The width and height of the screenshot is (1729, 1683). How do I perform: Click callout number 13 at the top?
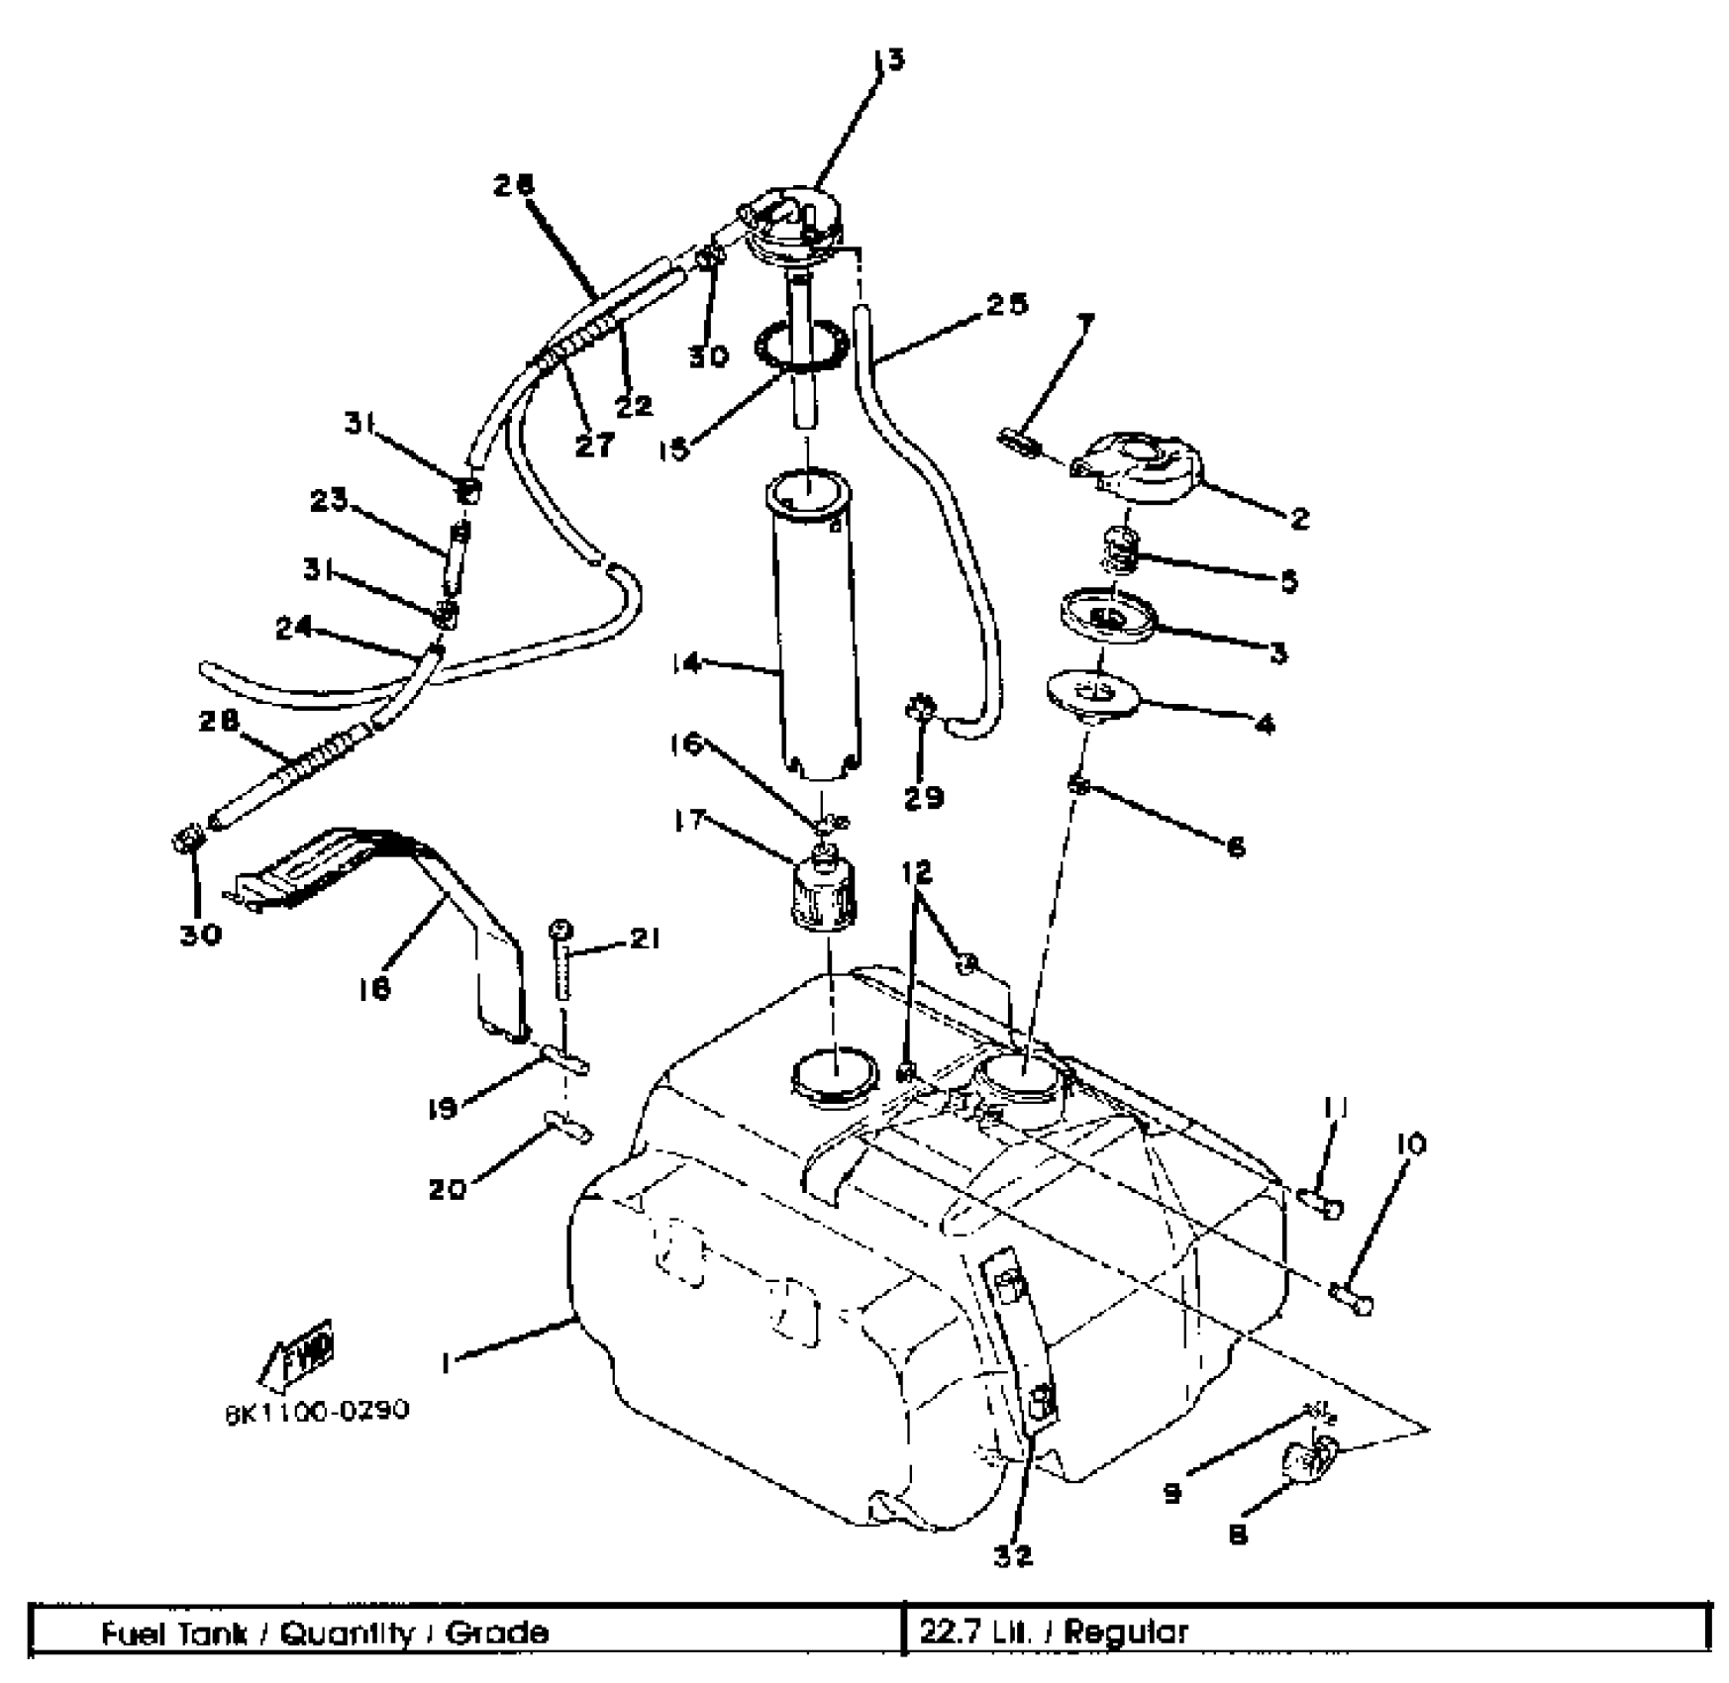[890, 61]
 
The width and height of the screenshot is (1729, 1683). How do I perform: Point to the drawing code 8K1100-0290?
[317, 1410]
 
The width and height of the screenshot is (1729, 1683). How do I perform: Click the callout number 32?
[1012, 1555]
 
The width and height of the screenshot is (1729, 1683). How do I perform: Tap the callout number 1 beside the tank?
[448, 1363]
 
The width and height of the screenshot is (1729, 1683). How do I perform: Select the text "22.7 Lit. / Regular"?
[1054, 1633]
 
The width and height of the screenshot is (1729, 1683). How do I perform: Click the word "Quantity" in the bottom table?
[347, 1633]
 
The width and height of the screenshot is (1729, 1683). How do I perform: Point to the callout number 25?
[1006, 305]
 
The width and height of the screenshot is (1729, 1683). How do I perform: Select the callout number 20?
[447, 1189]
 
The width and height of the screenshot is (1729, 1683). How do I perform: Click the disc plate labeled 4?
[1093, 694]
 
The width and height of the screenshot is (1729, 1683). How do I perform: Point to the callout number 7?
[1086, 323]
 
